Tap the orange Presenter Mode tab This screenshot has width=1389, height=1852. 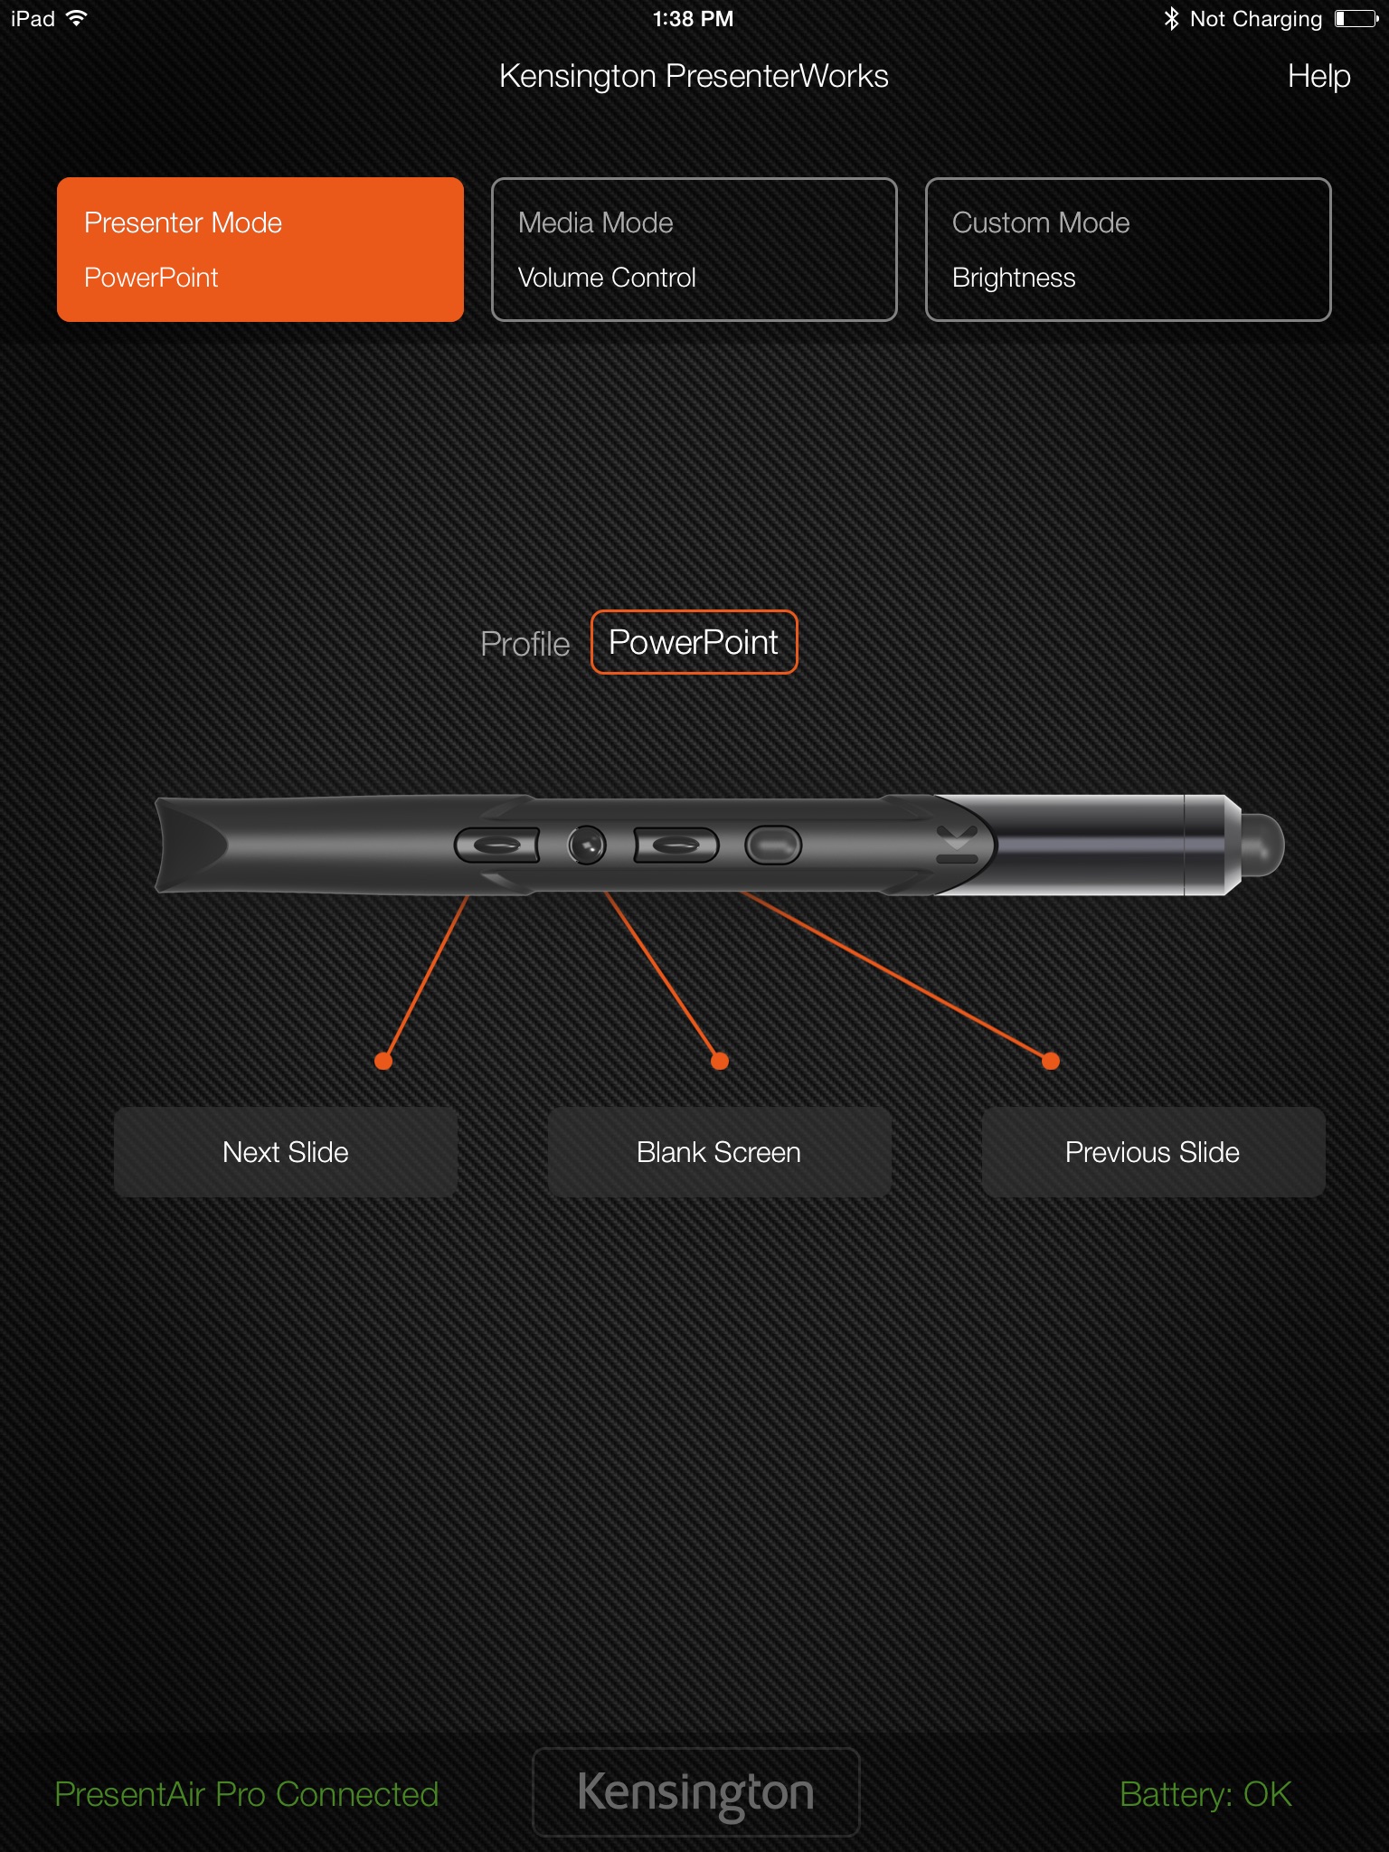coord(260,250)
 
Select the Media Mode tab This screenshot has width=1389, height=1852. coord(694,250)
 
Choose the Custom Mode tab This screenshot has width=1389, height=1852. coord(1129,250)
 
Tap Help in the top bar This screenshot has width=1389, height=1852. coord(1318,76)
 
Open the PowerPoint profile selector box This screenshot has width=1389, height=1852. coord(694,642)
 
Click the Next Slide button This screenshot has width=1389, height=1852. coord(286,1152)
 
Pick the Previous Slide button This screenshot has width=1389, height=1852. coord(1154,1152)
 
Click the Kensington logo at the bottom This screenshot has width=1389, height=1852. coord(695,1792)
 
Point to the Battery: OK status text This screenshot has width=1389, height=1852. coord(1205,1794)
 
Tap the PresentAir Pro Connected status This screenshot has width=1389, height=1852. coord(247,1794)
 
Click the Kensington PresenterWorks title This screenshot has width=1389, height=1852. coord(694,76)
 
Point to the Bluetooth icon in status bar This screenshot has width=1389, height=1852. coord(1171,18)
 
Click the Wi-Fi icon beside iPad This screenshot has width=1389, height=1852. coord(77,17)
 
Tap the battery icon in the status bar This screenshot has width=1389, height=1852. coord(1356,18)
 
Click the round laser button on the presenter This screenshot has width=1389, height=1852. coord(587,846)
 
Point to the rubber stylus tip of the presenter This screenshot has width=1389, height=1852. coord(1263,845)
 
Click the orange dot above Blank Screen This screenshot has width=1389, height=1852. coord(720,1061)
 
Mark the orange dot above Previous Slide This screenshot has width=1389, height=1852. coord(1051,1061)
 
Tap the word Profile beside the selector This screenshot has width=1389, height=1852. coord(524,644)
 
